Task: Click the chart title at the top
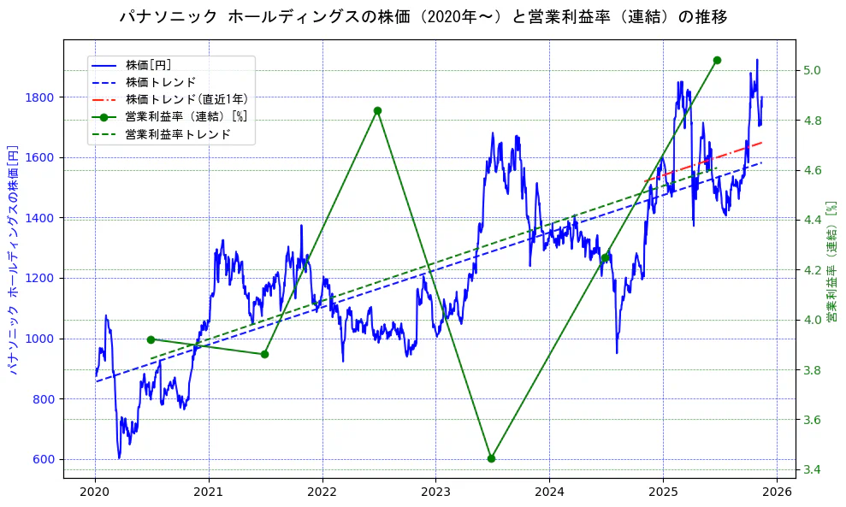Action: pyautogui.click(x=423, y=17)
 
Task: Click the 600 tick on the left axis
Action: pyautogui.click(x=44, y=459)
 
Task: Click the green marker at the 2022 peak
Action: pyautogui.click(x=377, y=110)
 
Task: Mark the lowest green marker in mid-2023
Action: pyautogui.click(x=491, y=458)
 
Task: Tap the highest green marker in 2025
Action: pyautogui.click(x=717, y=60)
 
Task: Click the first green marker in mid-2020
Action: pyautogui.click(x=151, y=339)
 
